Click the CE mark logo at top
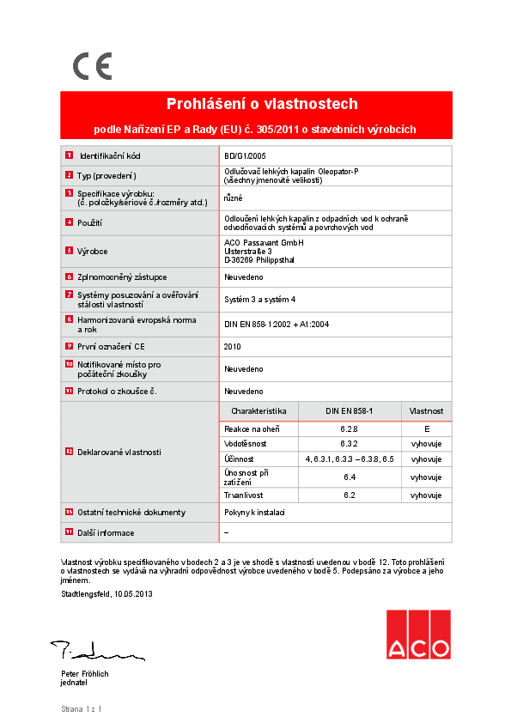(92, 66)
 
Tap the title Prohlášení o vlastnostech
(261, 105)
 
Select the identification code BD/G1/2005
(246, 156)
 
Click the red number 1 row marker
(69, 156)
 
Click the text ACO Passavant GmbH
(264, 243)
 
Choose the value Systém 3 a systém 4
(259, 299)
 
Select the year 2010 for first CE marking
(233, 346)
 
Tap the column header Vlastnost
(425, 411)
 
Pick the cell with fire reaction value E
(425, 428)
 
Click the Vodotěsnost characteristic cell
(246, 444)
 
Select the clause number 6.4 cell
(349, 477)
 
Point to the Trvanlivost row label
(245, 495)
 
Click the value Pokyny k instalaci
(254, 513)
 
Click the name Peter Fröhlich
(84, 674)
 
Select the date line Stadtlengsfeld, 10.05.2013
(106, 593)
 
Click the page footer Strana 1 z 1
(82, 709)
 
